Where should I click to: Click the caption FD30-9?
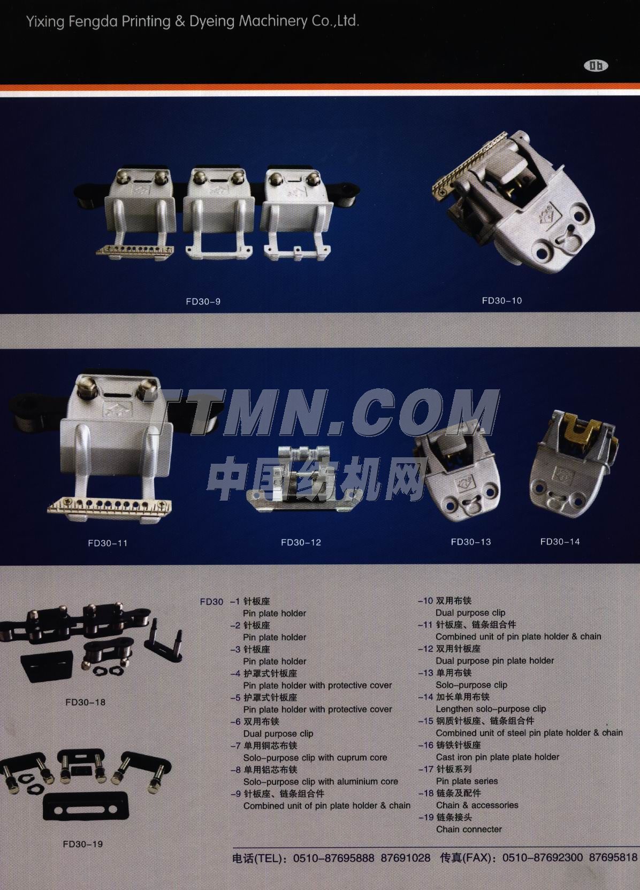point(203,302)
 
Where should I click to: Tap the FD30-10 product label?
point(501,301)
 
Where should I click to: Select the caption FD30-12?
point(301,542)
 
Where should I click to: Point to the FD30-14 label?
point(560,542)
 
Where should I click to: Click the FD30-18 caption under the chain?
point(86,702)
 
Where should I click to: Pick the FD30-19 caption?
point(83,844)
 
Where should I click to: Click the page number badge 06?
point(596,66)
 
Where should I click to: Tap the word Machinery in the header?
point(273,21)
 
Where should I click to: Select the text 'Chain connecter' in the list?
point(469,829)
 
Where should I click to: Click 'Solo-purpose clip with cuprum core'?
point(315,757)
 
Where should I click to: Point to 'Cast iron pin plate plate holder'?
point(497,757)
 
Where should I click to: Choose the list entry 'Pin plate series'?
point(467,781)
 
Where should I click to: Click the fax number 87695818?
point(613,858)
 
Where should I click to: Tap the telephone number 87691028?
point(406,858)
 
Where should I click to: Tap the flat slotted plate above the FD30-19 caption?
point(86,807)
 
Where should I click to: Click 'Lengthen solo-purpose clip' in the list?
point(491,709)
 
